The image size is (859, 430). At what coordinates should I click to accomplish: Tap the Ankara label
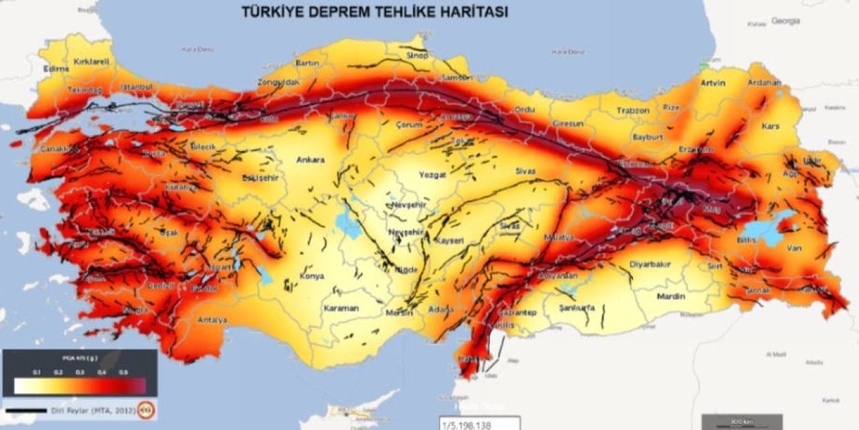(x=310, y=160)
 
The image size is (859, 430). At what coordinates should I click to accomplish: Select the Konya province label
(x=312, y=276)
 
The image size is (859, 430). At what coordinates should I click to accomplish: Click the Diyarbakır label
(x=650, y=264)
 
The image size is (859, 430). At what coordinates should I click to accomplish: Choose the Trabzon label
(x=634, y=110)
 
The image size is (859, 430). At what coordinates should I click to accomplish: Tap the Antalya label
(x=212, y=320)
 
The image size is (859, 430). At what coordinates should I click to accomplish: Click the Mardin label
(x=670, y=296)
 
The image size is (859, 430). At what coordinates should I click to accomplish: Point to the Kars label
(x=771, y=126)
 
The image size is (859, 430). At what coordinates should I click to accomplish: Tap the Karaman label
(x=341, y=308)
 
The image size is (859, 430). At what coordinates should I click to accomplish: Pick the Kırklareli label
(x=91, y=61)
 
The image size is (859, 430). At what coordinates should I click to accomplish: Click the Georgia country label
(x=785, y=21)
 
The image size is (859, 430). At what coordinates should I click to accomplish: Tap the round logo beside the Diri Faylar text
(x=145, y=409)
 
